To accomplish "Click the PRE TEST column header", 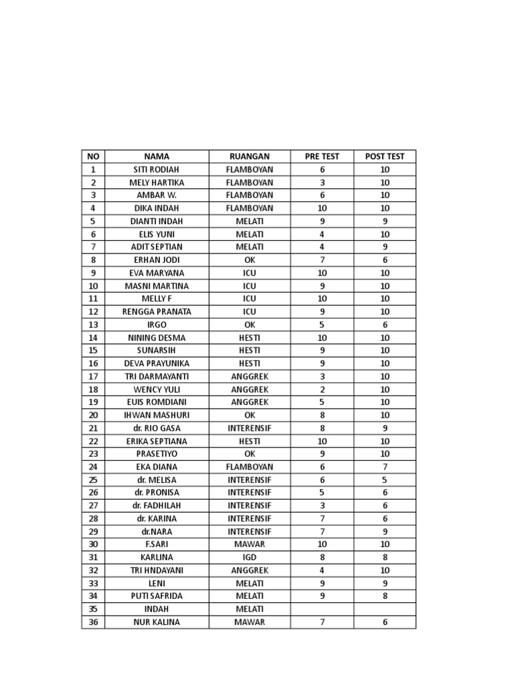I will pyautogui.click(x=322, y=156).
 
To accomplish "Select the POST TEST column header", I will pyautogui.click(x=385, y=156).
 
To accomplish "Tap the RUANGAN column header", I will pyautogui.click(x=249, y=156).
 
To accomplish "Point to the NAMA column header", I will pyautogui.click(x=157, y=156).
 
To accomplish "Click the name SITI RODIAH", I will pyautogui.click(x=157, y=169).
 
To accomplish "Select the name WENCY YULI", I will pyautogui.click(x=157, y=389).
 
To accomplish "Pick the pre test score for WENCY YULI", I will pyautogui.click(x=322, y=389).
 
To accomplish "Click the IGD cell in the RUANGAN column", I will pyautogui.click(x=249, y=557).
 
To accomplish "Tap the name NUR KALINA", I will pyautogui.click(x=157, y=622).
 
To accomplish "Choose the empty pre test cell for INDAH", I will pyautogui.click(x=322, y=609).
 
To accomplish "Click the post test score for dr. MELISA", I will pyautogui.click(x=385, y=480).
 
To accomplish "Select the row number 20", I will pyautogui.click(x=93, y=415).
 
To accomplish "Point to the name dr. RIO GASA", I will pyautogui.click(x=157, y=428).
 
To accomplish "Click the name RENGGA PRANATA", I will pyautogui.click(x=157, y=311).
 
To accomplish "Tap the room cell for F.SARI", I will pyautogui.click(x=249, y=544).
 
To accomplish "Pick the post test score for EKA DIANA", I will pyautogui.click(x=385, y=467).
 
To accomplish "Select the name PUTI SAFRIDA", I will pyautogui.click(x=157, y=596).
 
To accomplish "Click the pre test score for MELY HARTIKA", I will pyautogui.click(x=322, y=182).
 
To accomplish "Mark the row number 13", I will pyautogui.click(x=93, y=324).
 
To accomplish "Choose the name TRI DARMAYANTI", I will pyautogui.click(x=157, y=376).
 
